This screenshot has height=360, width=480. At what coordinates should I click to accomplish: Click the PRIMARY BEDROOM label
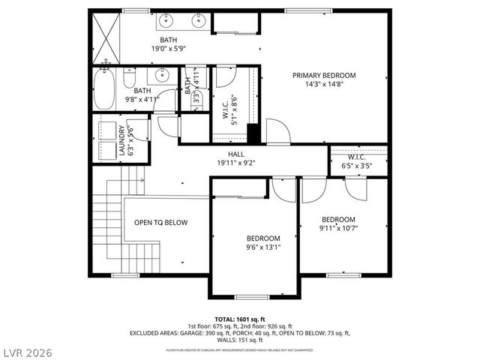click(324, 75)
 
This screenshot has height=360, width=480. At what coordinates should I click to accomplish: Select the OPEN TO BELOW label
click(160, 223)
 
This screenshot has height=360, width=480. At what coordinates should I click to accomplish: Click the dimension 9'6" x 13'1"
click(263, 247)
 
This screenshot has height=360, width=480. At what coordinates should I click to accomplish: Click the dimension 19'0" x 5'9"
click(168, 49)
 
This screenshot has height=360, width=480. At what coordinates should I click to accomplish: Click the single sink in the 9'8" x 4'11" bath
click(161, 76)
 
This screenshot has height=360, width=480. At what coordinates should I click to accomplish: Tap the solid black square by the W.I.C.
click(253, 133)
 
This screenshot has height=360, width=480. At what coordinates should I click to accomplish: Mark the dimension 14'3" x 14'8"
click(324, 85)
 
